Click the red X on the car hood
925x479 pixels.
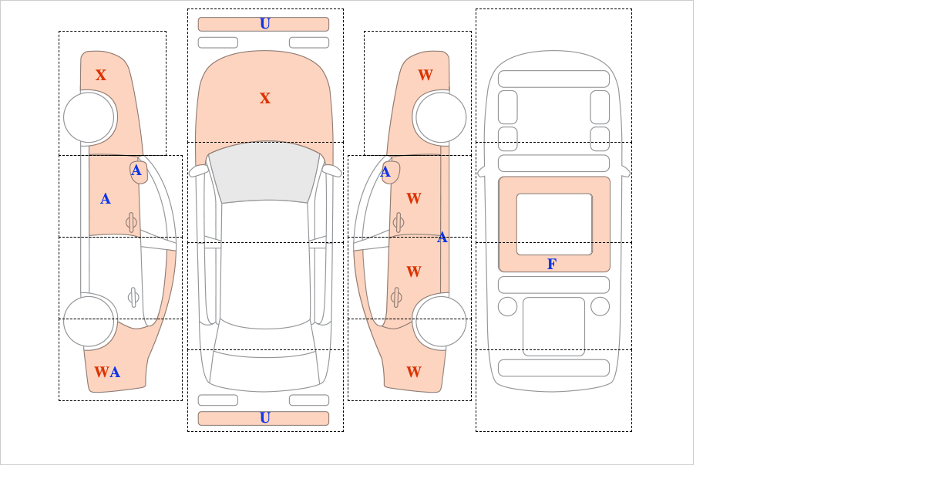[x=265, y=99]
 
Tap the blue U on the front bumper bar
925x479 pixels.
[x=265, y=24]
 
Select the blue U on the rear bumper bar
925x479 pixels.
[x=265, y=418]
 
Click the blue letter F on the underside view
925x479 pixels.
[x=552, y=264]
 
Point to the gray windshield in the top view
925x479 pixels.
[x=264, y=172]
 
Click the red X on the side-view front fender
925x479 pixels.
[x=101, y=76]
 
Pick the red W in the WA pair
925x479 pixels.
[x=102, y=372]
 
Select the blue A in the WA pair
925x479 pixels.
[x=115, y=372]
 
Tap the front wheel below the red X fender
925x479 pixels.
[x=89, y=117]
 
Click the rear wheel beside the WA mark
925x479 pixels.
[x=89, y=321]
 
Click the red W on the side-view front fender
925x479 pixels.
[x=425, y=76]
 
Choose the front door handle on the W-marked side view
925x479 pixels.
[x=399, y=222]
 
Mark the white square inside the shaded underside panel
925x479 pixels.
[x=554, y=224]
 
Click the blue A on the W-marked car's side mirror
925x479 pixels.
[x=385, y=171]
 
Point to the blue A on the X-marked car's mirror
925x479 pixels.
[x=136, y=170]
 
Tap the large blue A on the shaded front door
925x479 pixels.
[x=106, y=199]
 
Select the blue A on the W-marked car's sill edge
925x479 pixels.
[x=442, y=238]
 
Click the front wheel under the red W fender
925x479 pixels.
[x=441, y=117]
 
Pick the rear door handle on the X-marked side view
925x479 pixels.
[x=133, y=297]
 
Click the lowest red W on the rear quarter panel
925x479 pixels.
[x=414, y=372]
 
